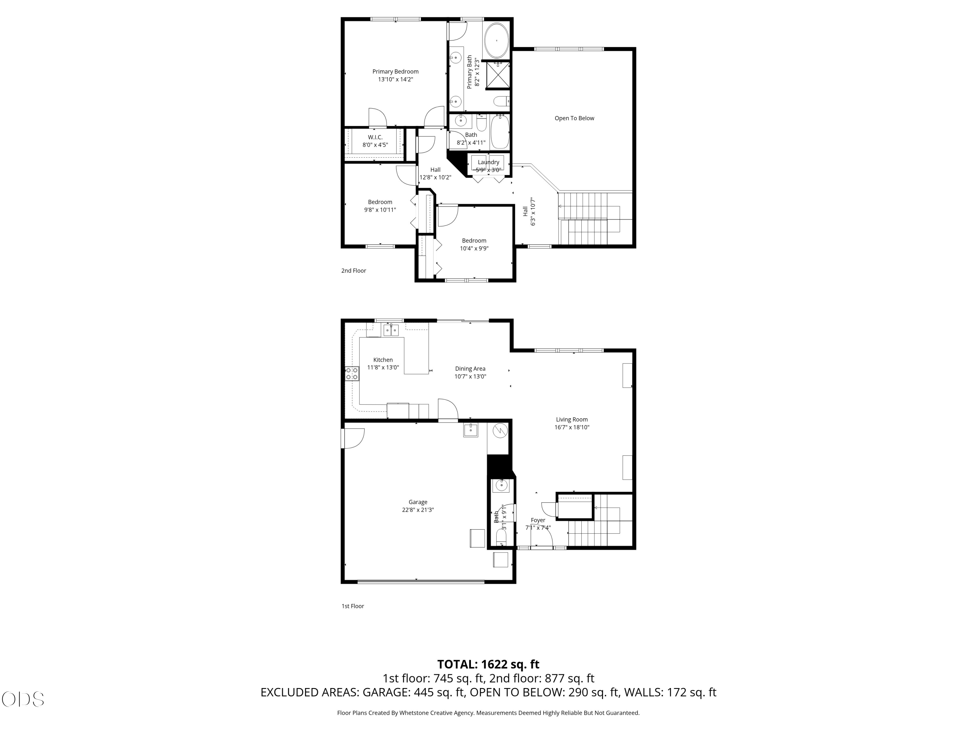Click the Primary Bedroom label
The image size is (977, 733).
click(x=395, y=72)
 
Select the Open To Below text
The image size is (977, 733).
click(x=574, y=118)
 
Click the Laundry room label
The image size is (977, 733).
click(x=488, y=162)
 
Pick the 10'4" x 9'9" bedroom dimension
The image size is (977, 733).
click(x=474, y=248)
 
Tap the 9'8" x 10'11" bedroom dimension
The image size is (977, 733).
click(x=380, y=210)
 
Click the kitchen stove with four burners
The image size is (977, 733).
click(x=352, y=374)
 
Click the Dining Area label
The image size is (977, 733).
click(x=470, y=368)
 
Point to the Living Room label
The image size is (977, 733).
click(x=572, y=419)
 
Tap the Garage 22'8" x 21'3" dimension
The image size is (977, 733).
click(x=418, y=510)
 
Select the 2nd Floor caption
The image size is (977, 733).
click(x=353, y=270)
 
